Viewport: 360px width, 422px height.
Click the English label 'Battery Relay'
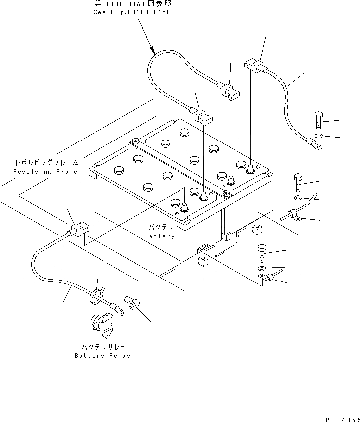pyautogui.click(x=102, y=356)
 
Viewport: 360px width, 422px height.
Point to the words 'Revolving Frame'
pyautogui.click(x=45, y=172)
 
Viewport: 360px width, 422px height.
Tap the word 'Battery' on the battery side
pyautogui.click(x=160, y=236)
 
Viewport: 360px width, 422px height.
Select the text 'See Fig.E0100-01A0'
pyautogui.click(x=132, y=12)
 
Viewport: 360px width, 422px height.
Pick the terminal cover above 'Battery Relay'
pyautogui.click(x=132, y=303)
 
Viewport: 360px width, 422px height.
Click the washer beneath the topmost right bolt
pyautogui.click(x=319, y=136)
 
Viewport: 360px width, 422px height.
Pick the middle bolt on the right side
pyautogui.click(x=298, y=183)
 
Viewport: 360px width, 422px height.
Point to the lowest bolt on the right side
pyautogui.click(x=262, y=254)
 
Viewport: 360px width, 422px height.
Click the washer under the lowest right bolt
pyautogui.click(x=263, y=269)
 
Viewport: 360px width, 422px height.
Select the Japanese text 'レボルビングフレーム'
pyautogui.click(x=45, y=163)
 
